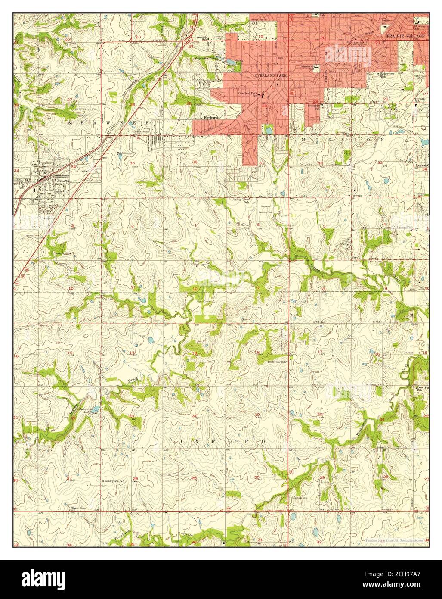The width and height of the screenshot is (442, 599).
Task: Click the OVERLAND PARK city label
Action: coord(270,75)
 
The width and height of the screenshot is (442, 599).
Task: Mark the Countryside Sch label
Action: coord(114,480)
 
